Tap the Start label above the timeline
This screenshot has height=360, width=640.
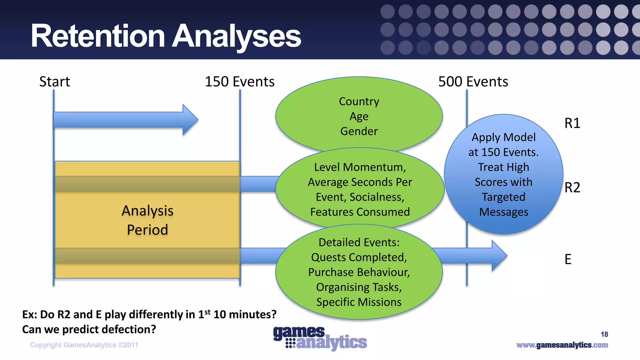(x=55, y=82)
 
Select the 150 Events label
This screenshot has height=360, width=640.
(x=239, y=82)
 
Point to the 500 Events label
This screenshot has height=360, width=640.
(x=473, y=82)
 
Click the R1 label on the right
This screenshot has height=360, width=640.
(x=572, y=123)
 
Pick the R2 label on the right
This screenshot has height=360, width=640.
(x=572, y=187)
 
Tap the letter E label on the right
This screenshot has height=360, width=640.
(x=568, y=259)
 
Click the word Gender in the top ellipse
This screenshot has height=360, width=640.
(x=359, y=131)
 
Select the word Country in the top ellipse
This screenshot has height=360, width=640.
(x=359, y=102)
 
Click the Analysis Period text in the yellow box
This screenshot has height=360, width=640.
(x=147, y=220)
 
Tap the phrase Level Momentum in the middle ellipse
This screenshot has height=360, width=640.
(x=359, y=167)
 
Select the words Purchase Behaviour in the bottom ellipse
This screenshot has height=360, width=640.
(x=359, y=272)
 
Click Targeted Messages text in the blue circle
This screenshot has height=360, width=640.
(x=503, y=204)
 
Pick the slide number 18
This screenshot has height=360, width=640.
(x=604, y=334)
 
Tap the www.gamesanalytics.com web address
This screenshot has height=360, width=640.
(x=562, y=345)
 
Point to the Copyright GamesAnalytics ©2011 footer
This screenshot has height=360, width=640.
(x=84, y=345)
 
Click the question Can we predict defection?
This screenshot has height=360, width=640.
(x=89, y=329)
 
